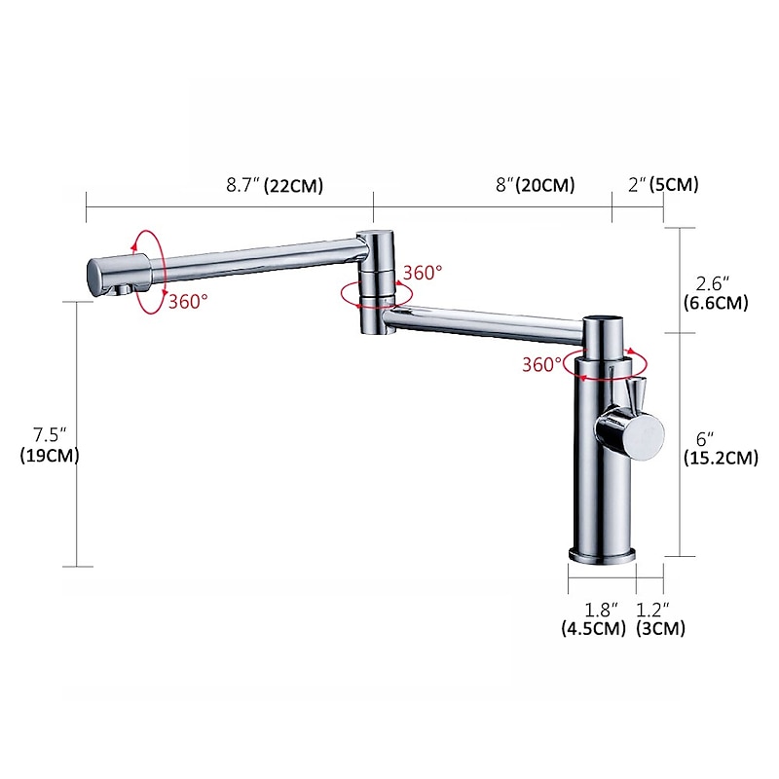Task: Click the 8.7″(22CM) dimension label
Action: pyautogui.click(x=274, y=185)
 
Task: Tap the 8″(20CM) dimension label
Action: pyautogui.click(x=534, y=185)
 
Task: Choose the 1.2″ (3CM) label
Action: pyautogui.click(x=661, y=619)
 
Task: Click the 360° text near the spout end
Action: pyautogui.click(x=188, y=301)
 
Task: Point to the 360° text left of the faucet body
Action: pyautogui.click(x=542, y=364)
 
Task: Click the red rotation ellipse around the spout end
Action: pyautogui.click(x=149, y=272)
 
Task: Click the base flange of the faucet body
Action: pyautogui.click(x=602, y=555)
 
